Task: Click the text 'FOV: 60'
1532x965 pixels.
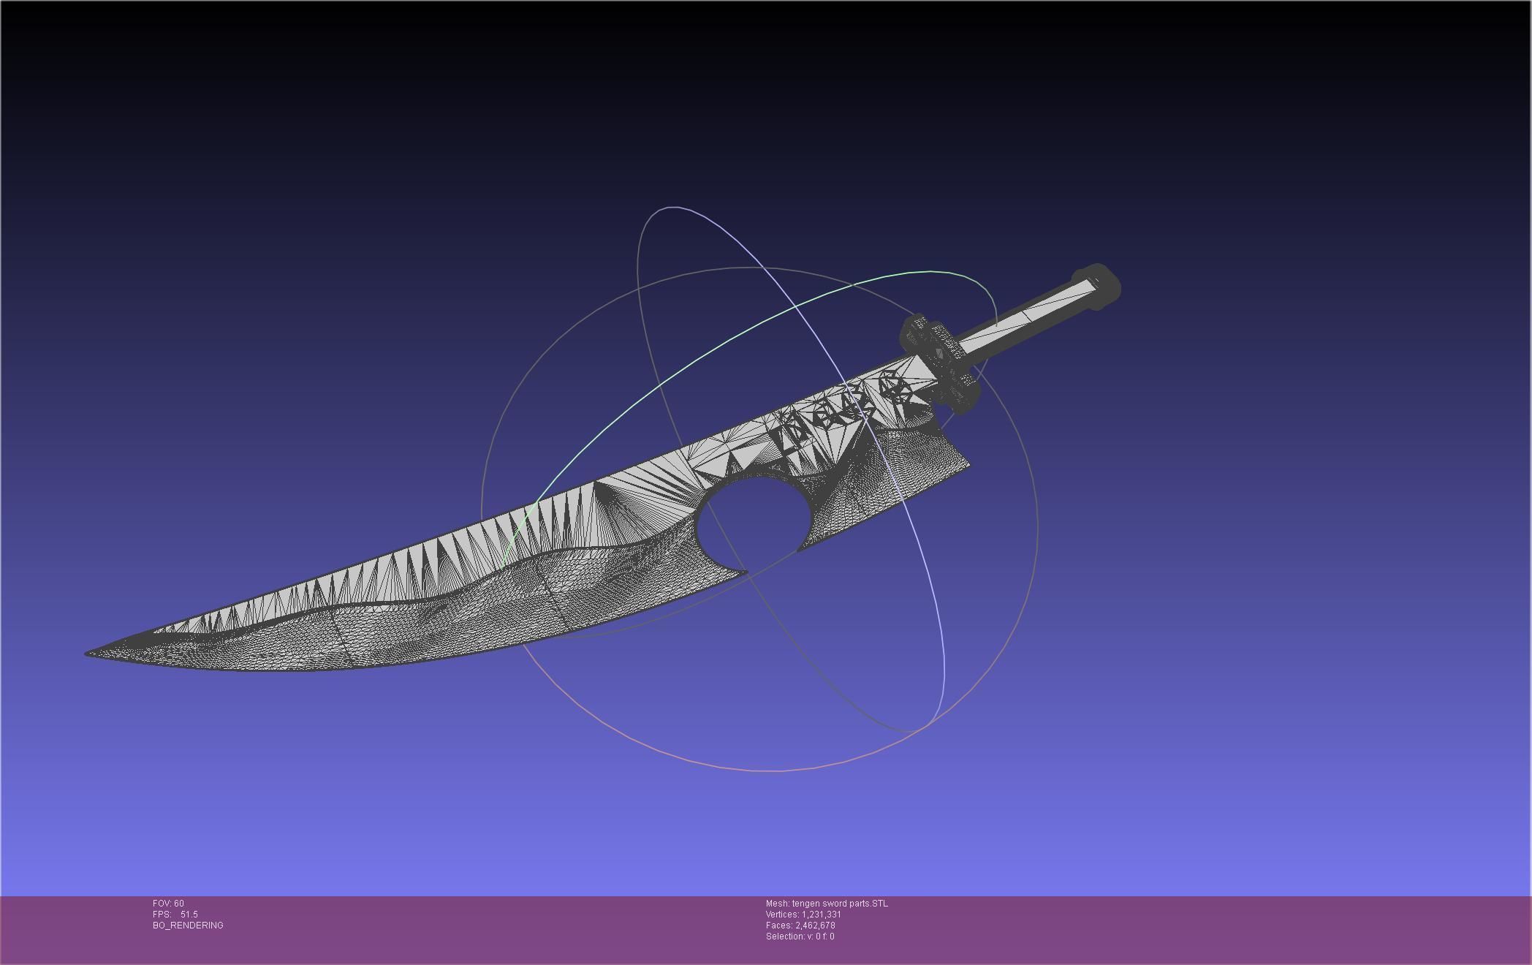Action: (168, 904)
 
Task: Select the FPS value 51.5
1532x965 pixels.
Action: (189, 915)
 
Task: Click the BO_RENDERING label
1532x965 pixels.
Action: (188, 926)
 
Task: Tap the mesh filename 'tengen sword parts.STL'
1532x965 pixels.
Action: (840, 904)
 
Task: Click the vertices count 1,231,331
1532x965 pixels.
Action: (822, 915)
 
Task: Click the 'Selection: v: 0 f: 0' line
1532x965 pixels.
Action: (800, 936)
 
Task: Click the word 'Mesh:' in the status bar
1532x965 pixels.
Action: (778, 904)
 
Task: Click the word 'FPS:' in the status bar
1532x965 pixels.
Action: (162, 915)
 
